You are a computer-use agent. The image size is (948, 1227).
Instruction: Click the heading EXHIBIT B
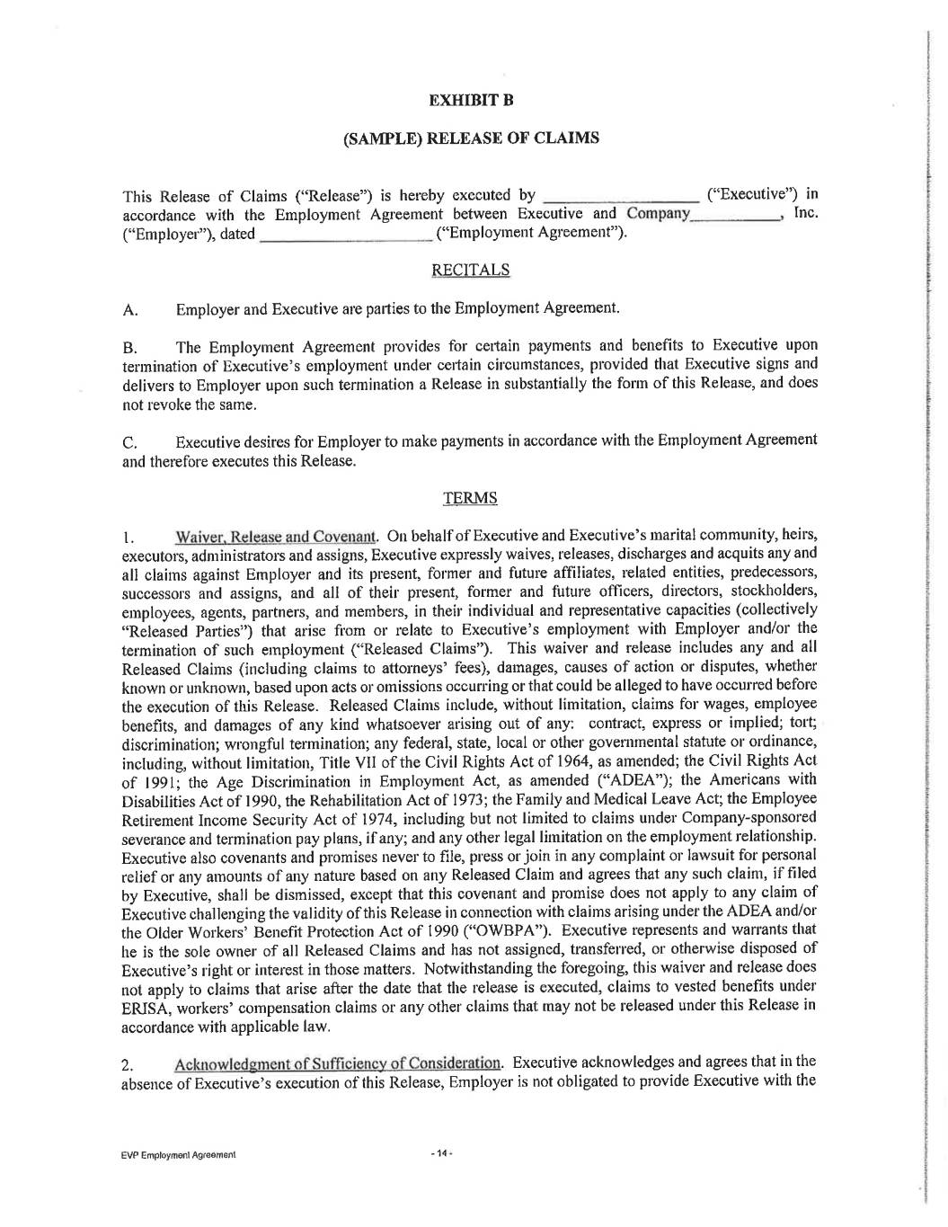(x=470, y=99)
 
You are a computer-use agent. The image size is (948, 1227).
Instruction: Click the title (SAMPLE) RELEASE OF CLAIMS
(x=471, y=138)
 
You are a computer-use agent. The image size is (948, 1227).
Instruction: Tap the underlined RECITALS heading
(x=470, y=270)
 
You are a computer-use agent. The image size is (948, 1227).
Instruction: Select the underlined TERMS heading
(x=470, y=498)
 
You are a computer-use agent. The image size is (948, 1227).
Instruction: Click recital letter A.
(x=129, y=311)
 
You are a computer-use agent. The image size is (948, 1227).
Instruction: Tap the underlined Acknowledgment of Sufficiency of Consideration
(x=338, y=1063)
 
